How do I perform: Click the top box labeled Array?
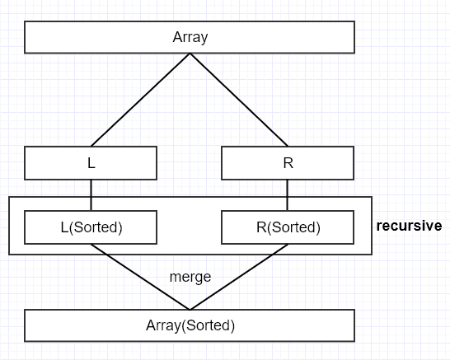(190, 37)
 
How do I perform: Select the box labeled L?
(91, 163)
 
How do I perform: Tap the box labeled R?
(288, 163)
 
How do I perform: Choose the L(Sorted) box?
(91, 227)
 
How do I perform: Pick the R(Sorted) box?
(288, 227)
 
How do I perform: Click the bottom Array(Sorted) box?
(190, 325)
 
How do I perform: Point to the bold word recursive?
(409, 225)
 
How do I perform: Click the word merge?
(190, 277)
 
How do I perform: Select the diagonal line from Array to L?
(140, 101)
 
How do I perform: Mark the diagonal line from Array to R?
(239, 101)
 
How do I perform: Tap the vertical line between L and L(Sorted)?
(91, 195)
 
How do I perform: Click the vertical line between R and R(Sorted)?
(287, 195)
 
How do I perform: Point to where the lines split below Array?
(190, 54)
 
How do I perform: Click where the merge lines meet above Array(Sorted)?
(190, 308)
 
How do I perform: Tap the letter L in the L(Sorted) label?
(65, 227)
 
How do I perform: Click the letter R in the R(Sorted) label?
(260, 227)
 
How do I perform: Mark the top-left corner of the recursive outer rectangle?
(9, 197)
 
